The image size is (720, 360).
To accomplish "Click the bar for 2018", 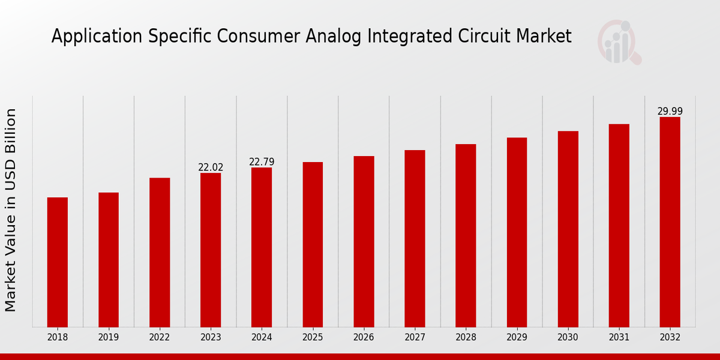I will (x=58, y=262).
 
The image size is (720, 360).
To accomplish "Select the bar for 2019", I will (x=109, y=260).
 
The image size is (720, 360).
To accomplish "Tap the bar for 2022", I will (x=160, y=253).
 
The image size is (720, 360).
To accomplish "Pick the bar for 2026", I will (x=364, y=242).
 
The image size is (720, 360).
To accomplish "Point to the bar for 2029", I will (x=517, y=232).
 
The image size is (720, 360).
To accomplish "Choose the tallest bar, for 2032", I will (x=670, y=222).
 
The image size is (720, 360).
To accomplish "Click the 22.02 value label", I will (x=211, y=167).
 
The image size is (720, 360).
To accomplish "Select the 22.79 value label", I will (x=262, y=162).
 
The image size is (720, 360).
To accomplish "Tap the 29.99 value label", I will (x=670, y=112).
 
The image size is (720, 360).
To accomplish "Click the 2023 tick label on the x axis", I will (x=211, y=338).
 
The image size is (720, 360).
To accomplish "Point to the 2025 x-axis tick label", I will (x=313, y=338).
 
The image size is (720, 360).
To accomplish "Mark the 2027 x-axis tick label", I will (x=415, y=338).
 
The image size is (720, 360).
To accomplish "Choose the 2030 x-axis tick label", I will (x=568, y=338).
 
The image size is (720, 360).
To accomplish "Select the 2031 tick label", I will (x=619, y=338).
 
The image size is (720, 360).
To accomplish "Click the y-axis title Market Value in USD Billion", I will (x=11, y=210).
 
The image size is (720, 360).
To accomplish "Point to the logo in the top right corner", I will (x=619, y=42).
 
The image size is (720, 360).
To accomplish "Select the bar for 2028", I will (x=466, y=236).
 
